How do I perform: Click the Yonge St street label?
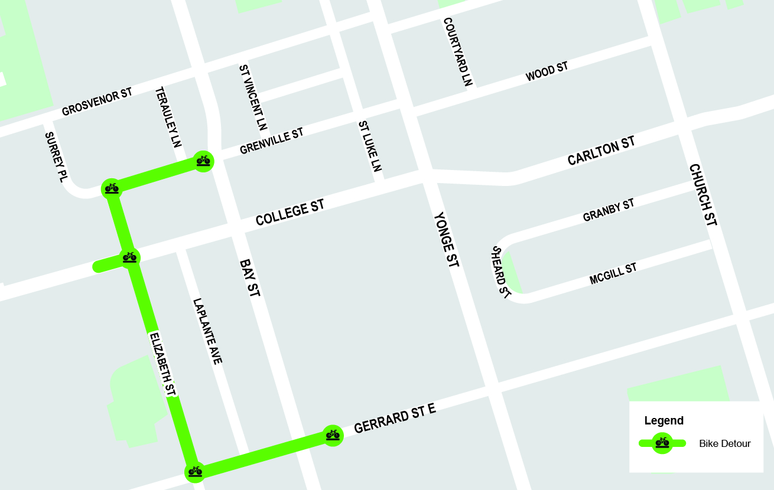click(446, 240)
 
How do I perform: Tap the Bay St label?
click(250, 277)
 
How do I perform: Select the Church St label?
click(703, 195)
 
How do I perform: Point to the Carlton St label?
click(601, 151)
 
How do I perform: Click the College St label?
click(290, 213)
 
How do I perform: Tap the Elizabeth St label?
click(162, 364)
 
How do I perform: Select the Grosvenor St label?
click(97, 102)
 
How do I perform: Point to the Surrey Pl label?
click(54, 157)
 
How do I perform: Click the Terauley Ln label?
click(168, 117)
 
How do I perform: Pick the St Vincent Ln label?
click(253, 97)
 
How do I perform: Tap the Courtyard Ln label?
click(458, 52)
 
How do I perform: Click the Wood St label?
click(547, 71)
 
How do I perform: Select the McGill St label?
click(613, 274)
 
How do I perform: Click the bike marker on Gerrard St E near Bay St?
click(333, 436)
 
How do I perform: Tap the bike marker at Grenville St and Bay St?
click(203, 161)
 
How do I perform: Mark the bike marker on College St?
click(129, 257)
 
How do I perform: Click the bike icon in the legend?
click(662, 443)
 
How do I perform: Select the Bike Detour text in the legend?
click(724, 443)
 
